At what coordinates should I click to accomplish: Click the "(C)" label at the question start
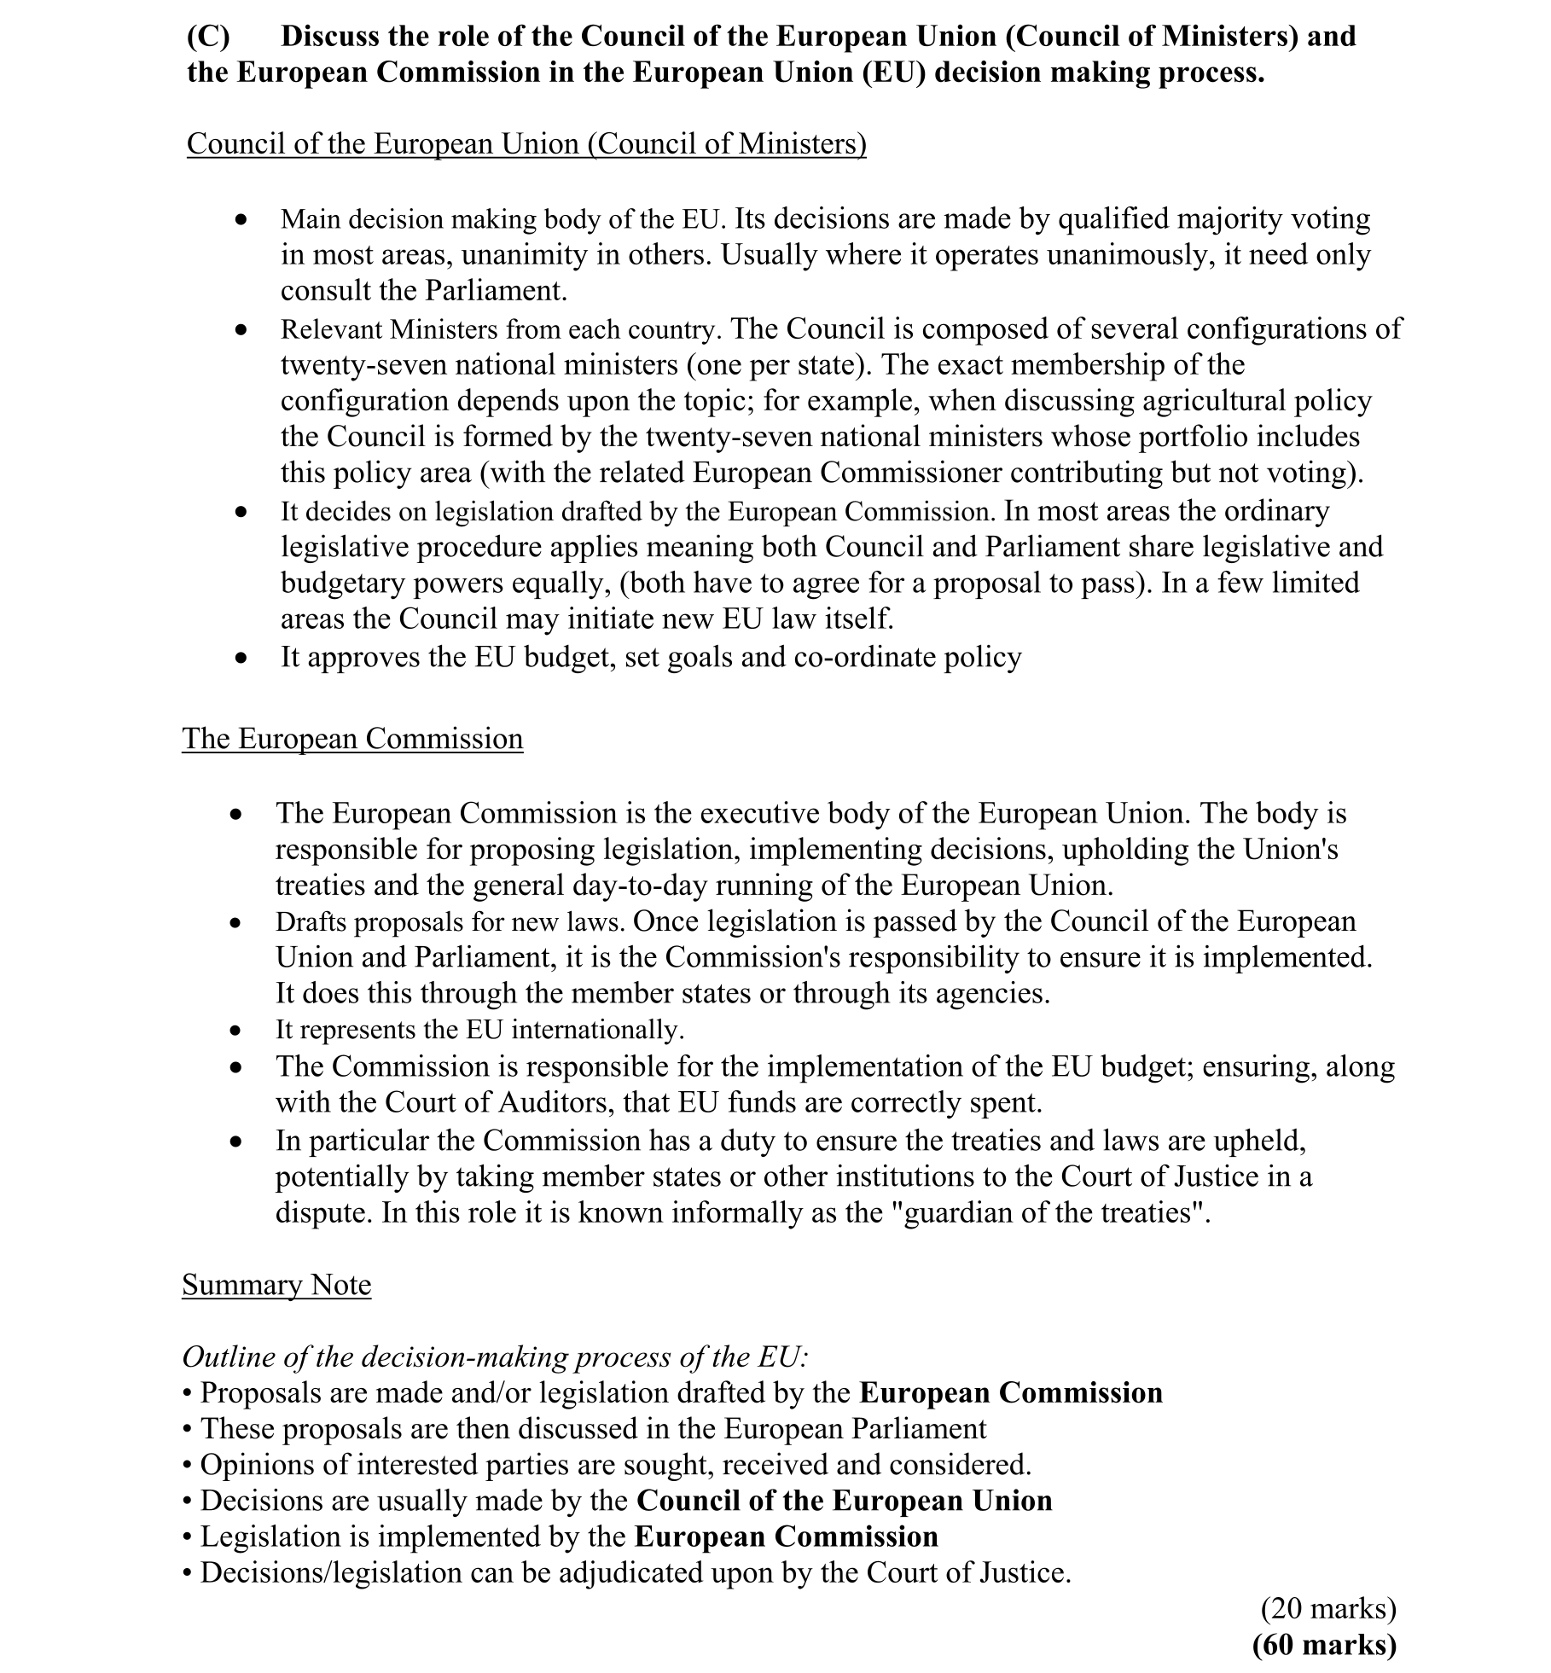coord(208,37)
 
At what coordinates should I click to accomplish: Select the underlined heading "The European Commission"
coord(352,739)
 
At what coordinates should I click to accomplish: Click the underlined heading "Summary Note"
coord(276,1285)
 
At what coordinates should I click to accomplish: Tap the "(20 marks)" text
coord(1328,1609)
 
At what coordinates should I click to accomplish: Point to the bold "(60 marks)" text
coord(1324,1645)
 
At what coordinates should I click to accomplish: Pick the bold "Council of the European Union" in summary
coord(844,1501)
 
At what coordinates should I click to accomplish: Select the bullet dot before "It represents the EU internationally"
coord(236,1031)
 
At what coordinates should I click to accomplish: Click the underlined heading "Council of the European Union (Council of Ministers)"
coord(526,144)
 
